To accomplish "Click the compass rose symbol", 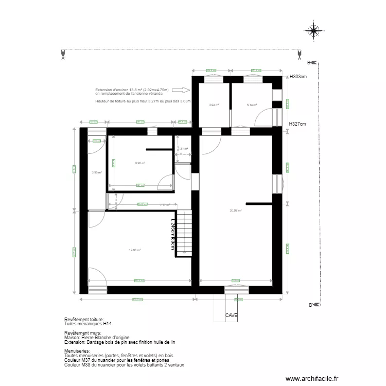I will pyautogui.click(x=313, y=31).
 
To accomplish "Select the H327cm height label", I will pyautogui.click(x=297, y=124).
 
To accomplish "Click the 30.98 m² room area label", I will pyautogui.click(x=236, y=210).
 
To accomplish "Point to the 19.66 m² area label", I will pyautogui.click(x=135, y=250).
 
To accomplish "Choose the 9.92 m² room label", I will pyautogui.click(x=140, y=163).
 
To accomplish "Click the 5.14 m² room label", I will pyautogui.click(x=252, y=105).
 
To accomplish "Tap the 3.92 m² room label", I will pyautogui.click(x=214, y=105).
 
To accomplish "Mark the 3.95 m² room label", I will pyautogui.click(x=96, y=172).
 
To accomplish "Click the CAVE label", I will pyautogui.click(x=231, y=315).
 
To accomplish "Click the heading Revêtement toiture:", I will pyautogui.click(x=84, y=320).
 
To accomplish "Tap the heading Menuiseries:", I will pyautogui.click(x=77, y=351).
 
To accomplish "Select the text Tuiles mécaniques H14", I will pyautogui.click(x=87, y=324).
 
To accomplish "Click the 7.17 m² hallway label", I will pyautogui.click(x=165, y=205).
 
